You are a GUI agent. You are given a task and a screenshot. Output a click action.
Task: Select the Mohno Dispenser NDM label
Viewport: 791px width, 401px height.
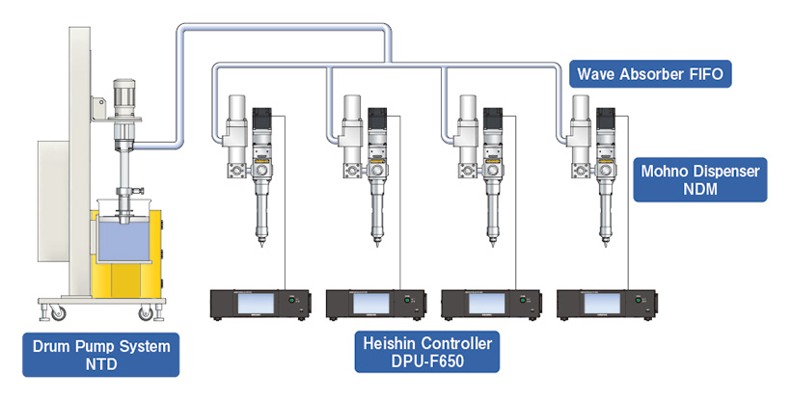pos(700,180)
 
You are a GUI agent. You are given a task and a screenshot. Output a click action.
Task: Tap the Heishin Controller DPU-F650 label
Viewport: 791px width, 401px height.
pos(426,352)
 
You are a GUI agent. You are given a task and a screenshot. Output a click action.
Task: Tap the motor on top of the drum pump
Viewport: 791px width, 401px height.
pos(125,97)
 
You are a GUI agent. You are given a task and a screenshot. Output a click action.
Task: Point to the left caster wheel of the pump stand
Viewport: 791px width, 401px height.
pos(56,311)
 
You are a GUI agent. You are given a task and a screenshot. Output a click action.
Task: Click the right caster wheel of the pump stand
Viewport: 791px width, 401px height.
pos(147,312)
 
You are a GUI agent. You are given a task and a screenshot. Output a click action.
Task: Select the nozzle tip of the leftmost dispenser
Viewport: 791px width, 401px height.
pos(260,247)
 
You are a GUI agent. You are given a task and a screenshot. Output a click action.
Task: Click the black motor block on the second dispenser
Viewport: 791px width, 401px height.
pos(377,124)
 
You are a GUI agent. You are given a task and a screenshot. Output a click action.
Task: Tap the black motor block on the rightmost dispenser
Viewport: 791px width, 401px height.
pos(608,124)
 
